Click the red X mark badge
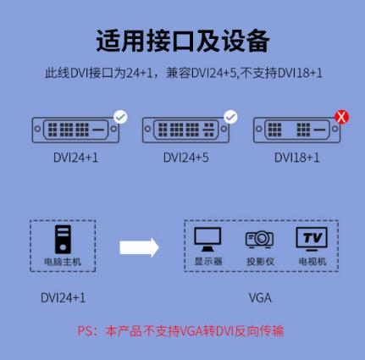(x=341, y=117)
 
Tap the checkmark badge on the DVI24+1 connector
(x=120, y=117)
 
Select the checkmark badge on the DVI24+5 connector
(x=230, y=117)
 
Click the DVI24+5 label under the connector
(x=186, y=158)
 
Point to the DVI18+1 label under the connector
(x=297, y=158)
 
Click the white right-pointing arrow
(x=139, y=247)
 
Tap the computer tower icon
(x=63, y=240)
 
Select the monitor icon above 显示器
(x=207, y=240)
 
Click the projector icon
(x=259, y=240)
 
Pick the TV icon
(x=312, y=240)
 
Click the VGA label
(x=260, y=298)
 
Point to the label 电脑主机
(x=63, y=262)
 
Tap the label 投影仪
(x=260, y=262)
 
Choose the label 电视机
(x=312, y=262)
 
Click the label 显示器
(x=208, y=262)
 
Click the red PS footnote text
(x=180, y=331)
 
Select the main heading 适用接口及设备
(x=183, y=41)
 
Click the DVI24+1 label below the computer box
(x=63, y=298)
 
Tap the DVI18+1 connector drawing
(x=297, y=130)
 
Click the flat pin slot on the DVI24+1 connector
(x=98, y=130)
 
